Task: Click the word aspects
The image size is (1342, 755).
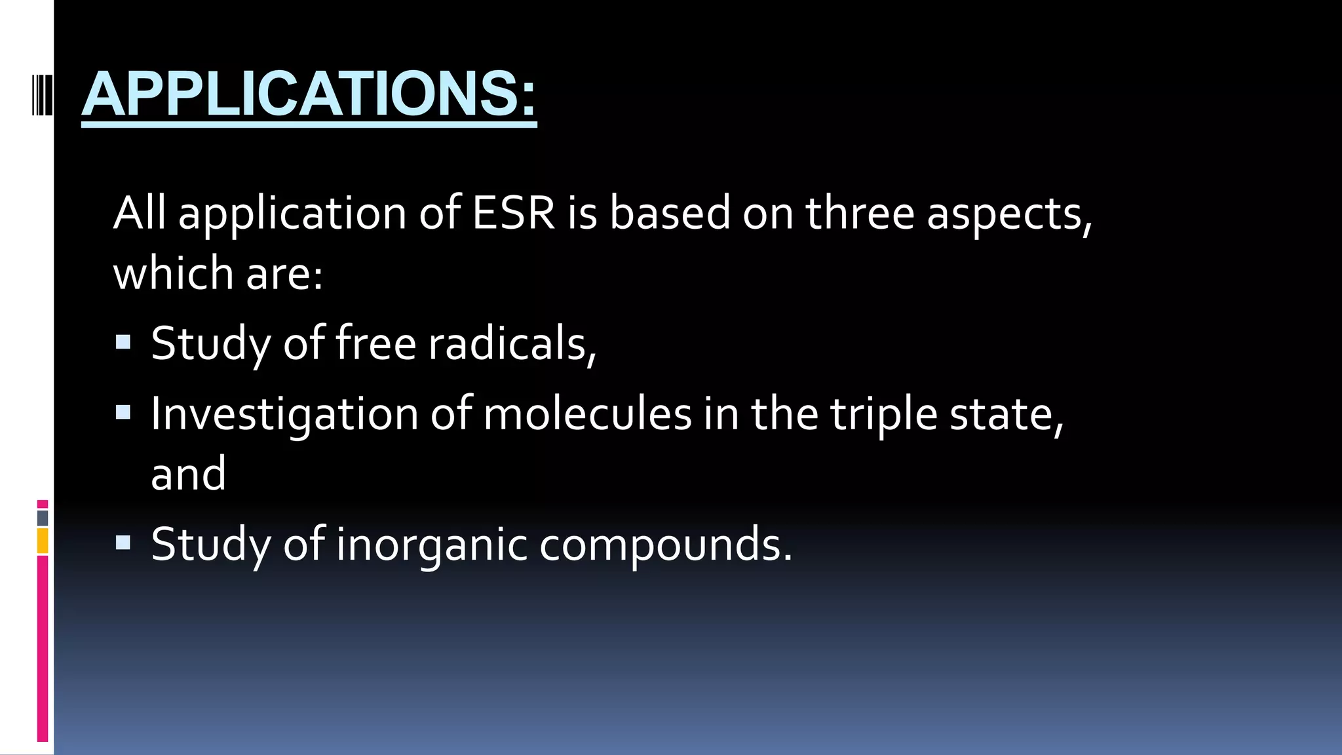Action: (1008, 215)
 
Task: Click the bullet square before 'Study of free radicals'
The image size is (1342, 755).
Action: (123, 342)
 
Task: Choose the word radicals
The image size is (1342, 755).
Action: (512, 343)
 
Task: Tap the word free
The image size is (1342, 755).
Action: (375, 343)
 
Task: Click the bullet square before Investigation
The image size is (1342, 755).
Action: (123, 412)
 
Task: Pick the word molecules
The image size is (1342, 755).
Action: (587, 414)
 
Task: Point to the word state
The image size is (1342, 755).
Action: (1005, 414)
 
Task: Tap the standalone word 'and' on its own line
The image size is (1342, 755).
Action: (188, 474)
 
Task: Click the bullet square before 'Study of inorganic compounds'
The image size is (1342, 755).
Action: (123, 543)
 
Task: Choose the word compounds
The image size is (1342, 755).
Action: (664, 545)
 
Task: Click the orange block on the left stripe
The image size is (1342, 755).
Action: (43, 541)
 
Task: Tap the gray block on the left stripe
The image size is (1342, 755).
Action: (43, 518)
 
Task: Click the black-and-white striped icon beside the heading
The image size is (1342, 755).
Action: (42, 96)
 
